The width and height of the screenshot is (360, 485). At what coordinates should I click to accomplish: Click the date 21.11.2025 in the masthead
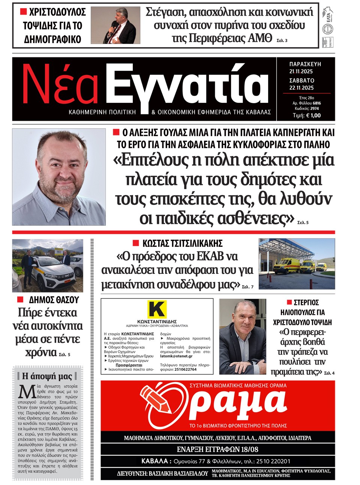click(x=301, y=71)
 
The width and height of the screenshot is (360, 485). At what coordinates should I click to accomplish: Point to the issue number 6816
click(x=316, y=103)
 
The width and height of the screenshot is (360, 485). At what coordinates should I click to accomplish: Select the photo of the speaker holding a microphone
click(x=115, y=26)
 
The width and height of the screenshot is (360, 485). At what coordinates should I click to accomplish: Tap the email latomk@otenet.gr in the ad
click(x=176, y=356)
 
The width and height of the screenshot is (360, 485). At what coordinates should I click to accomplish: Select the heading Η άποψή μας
click(x=47, y=376)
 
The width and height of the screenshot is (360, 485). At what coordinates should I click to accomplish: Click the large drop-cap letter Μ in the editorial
click(x=27, y=392)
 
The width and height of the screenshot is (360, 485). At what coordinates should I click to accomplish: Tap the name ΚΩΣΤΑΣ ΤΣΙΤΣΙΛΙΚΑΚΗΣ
click(x=182, y=243)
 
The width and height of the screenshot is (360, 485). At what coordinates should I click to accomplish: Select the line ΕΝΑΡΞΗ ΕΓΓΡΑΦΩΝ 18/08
click(x=217, y=449)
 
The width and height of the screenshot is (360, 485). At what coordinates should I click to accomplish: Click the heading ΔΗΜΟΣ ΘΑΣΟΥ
click(x=54, y=300)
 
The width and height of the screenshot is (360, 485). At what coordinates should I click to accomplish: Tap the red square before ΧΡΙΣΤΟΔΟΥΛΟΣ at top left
click(x=23, y=12)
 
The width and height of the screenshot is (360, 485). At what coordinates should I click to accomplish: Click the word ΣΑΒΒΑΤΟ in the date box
click(x=301, y=80)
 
